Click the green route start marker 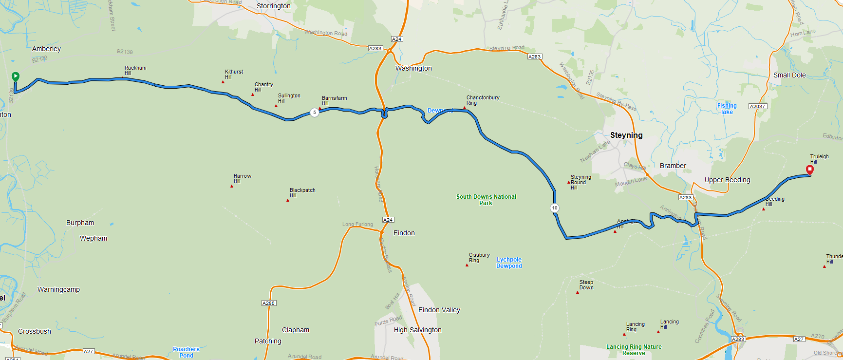pos(16,76)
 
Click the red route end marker pos(810,170)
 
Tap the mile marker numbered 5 pos(315,113)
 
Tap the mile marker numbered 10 pos(555,208)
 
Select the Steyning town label pos(626,135)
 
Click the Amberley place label pos(46,49)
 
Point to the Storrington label pos(273,6)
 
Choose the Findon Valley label pos(439,310)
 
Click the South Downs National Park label pos(486,200)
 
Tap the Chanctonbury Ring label pos(483,100)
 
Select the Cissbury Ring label pos(479,257)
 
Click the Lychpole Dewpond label pos(509,263)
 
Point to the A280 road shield pos(269,303)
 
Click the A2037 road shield pos(758,106)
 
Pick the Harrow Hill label pos(242,178)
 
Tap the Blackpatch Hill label pos(302,192)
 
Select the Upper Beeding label pos(727,180)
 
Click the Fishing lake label pos(727,109)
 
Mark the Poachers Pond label pos(186,352)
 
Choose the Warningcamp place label pos(58,289)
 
